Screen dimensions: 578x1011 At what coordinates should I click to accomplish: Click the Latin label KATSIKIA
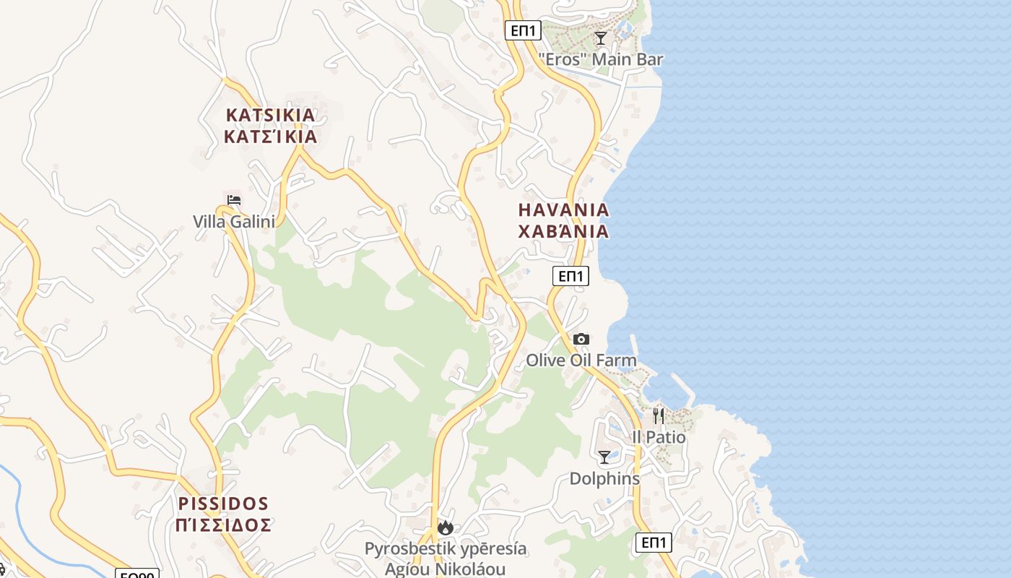point(271,115)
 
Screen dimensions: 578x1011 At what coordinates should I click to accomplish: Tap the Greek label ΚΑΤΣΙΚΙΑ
point(271,137)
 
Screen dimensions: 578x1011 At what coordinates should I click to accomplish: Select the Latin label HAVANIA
point(564,210)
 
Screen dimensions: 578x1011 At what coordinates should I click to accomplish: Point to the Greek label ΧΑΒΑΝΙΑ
point(564,232)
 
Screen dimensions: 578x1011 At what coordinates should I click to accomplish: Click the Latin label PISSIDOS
point(223,504)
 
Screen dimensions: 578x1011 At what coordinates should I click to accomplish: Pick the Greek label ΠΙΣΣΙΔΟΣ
point(223,525)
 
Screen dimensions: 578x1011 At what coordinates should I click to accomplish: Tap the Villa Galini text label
point(234,221)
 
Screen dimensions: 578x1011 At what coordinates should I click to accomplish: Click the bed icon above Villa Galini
point(234,200)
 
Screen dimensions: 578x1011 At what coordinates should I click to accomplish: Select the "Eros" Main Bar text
point(601,59)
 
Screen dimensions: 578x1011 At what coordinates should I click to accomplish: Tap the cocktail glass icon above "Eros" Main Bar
point(600,38)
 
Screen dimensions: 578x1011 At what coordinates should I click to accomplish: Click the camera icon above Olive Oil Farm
point(581,339)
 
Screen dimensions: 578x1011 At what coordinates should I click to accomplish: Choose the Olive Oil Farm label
point(581,360)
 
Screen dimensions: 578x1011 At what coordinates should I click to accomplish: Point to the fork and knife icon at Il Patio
point(659,415)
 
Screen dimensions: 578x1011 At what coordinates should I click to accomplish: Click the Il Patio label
point(659,437)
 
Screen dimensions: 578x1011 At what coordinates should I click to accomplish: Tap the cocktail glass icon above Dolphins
point(604,457)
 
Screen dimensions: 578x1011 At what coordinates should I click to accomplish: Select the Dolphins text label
point(604,478)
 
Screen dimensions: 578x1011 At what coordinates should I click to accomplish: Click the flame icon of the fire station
point(446,528)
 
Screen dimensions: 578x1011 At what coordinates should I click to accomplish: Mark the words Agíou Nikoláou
point(445,569)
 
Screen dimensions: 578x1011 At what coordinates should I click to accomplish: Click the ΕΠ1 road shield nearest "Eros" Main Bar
point(523,30)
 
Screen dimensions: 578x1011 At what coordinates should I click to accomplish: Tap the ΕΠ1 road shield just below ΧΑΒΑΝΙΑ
point(571,275)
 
